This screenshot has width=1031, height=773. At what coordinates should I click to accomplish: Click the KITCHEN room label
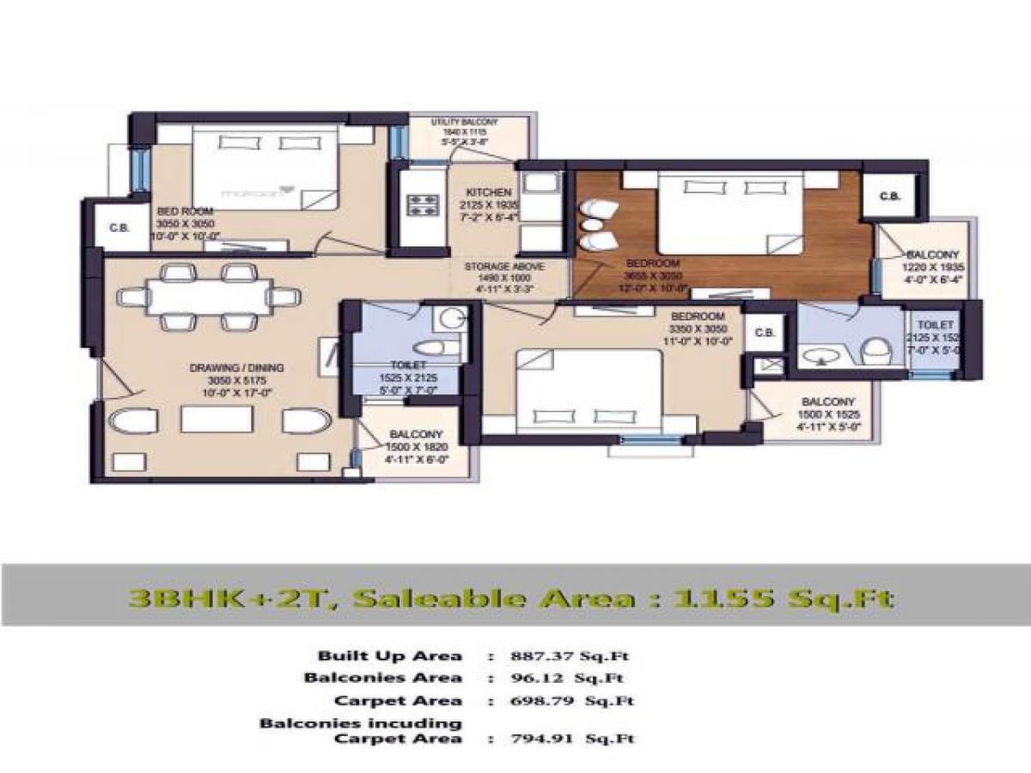click(488, 192)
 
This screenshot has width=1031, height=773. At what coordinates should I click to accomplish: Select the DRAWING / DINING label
click(236, 368)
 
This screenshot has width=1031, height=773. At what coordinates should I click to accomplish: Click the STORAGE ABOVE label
click(504, 267)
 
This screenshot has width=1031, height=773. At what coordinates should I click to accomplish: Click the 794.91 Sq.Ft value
click(562, 738)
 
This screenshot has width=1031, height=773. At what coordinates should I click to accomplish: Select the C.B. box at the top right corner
click(890, 197)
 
